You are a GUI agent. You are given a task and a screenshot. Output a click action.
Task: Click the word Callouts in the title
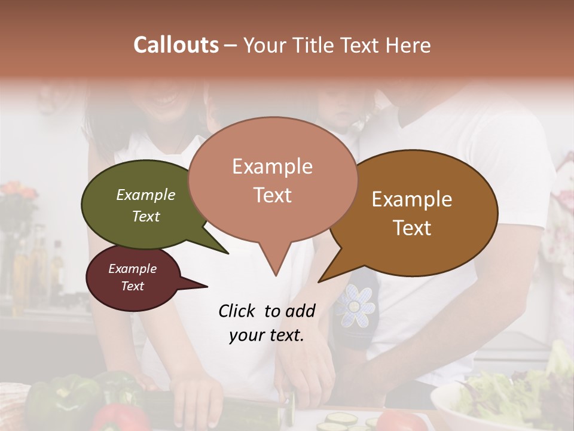(x=176, y=45)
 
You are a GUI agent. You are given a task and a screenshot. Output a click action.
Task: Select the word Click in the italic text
(x=237, y=311)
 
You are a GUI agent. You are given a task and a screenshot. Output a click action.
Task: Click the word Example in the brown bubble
(x=412, y=199)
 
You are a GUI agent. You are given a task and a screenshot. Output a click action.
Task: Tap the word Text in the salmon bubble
(x=272, y=195)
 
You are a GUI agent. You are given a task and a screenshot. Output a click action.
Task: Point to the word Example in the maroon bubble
(x=132, y=269)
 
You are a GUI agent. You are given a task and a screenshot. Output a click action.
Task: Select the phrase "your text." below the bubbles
(x=267, y=335)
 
